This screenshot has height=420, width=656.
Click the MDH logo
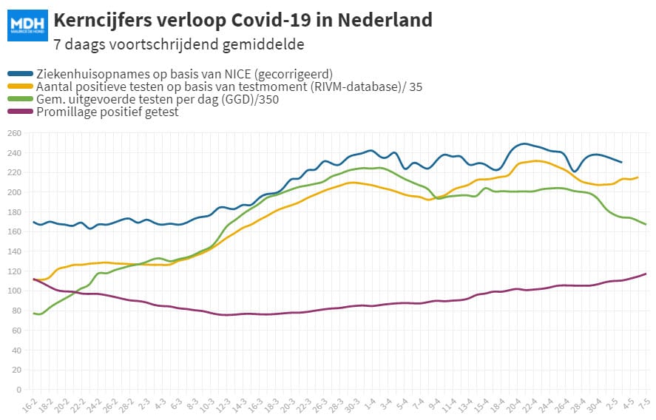point(27,26)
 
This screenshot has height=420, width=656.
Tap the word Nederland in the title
point(385,20)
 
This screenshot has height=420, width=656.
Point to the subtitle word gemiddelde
point(263,44)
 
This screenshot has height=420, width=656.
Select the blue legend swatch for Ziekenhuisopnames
point(20,74)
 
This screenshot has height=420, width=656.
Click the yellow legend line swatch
point(20,87)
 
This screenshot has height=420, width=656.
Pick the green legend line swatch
point(20,99)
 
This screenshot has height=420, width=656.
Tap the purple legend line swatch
point(20,112)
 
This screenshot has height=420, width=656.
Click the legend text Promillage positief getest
point(107,112)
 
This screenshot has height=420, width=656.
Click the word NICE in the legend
point(237,74)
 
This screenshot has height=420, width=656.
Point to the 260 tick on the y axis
point(14,133)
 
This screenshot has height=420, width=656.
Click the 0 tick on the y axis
point(18,390)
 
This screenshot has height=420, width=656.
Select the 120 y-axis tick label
point(14,271)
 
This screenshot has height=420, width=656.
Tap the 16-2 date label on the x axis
point(29,406)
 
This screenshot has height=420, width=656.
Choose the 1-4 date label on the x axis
point(370,404)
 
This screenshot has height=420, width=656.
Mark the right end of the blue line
point(621,163)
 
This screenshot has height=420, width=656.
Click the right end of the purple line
point(646,274)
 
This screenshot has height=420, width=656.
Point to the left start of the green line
point(33,314)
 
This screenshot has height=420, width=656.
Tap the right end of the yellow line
point(638,177)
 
